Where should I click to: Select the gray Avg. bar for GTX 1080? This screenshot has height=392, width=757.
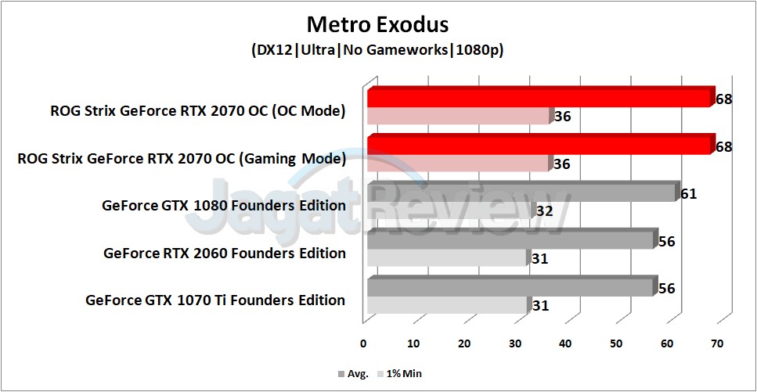click(x=521, y=193)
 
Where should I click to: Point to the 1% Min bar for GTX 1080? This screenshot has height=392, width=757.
click(x=449, y=211)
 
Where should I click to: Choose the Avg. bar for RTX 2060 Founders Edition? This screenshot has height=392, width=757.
click(x=509, y=240)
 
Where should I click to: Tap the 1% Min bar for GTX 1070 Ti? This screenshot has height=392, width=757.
click(x=446, y=305)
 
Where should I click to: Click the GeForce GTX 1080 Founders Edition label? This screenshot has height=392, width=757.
click(x=224, y=206)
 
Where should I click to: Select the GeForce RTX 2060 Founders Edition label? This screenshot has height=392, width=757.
click(x=225, y=253)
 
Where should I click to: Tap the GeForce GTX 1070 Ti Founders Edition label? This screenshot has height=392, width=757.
click(x=215, y=300)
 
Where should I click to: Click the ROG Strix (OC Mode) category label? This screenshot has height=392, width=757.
click(x=197, y=111)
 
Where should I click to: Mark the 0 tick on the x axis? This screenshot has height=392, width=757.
click(x=363, y=343)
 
